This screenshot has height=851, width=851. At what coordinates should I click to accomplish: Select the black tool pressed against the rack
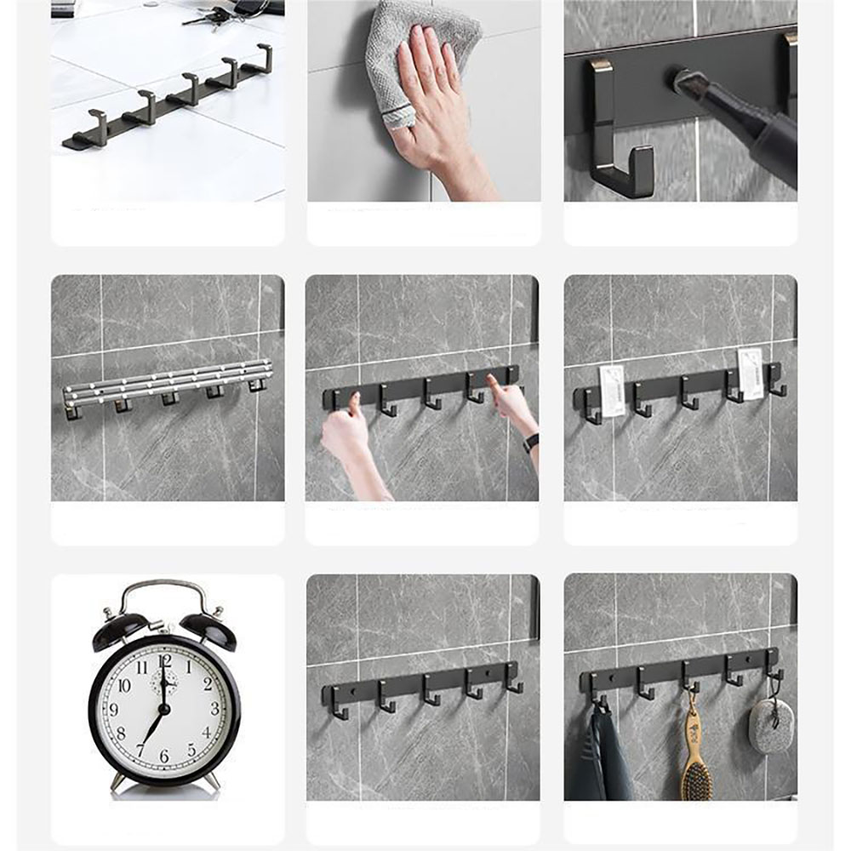pyautogui.click(x=740, y=119)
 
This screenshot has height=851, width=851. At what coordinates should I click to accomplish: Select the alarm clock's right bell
pyautogui.click(x=208, y=629)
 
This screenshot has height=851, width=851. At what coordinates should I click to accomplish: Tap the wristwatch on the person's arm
pyautogui.click(x=531, y=443)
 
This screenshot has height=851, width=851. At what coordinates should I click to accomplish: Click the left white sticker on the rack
pyautogui.click(x=611, y=391)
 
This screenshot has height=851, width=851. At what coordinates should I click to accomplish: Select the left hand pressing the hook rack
pyautogui.click(x=345, y=430)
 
